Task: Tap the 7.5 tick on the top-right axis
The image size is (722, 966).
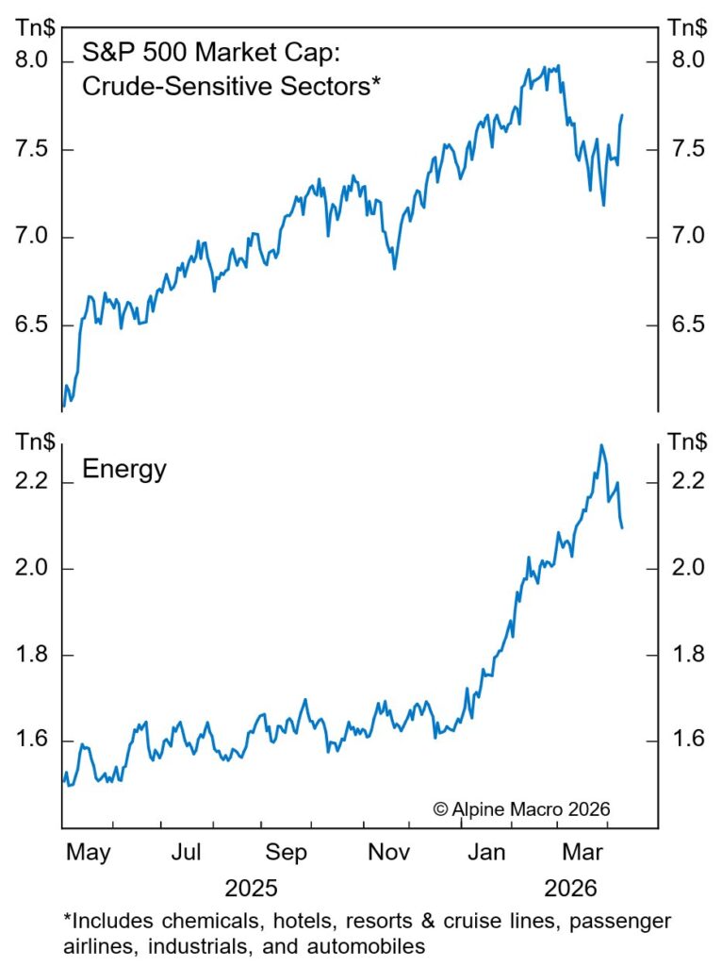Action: click(685, 149)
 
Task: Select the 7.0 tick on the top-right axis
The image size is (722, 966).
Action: click(685, 236)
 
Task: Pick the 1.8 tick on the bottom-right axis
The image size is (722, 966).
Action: click(685, 654)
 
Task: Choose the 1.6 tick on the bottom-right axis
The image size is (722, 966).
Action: click(685, 740)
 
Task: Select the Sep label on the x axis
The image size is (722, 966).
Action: click(286, 854)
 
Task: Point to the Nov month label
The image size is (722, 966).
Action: click(386, 854)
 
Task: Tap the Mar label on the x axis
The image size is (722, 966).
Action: click(583, 854)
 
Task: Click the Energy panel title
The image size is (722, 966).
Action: click(124, 469)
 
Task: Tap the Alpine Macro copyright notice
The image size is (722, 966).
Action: click(522, 808)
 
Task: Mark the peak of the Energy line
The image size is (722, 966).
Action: click(600, 445)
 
